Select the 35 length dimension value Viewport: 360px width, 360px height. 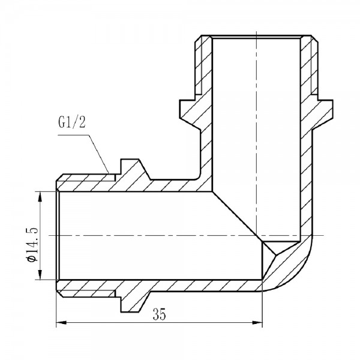(159, 314)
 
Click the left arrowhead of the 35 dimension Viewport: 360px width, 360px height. (58, 325)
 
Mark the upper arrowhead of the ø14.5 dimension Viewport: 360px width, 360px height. (40, 194)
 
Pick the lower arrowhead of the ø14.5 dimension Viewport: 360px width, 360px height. (40, 277)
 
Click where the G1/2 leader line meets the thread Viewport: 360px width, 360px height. (108, 173)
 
